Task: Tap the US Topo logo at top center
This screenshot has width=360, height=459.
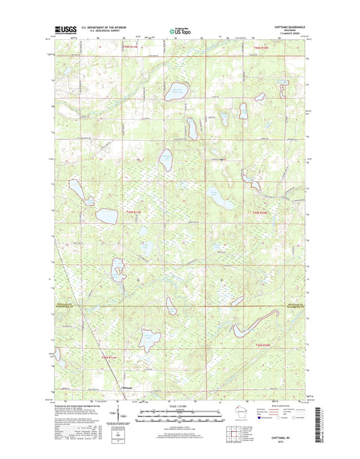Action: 179,30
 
